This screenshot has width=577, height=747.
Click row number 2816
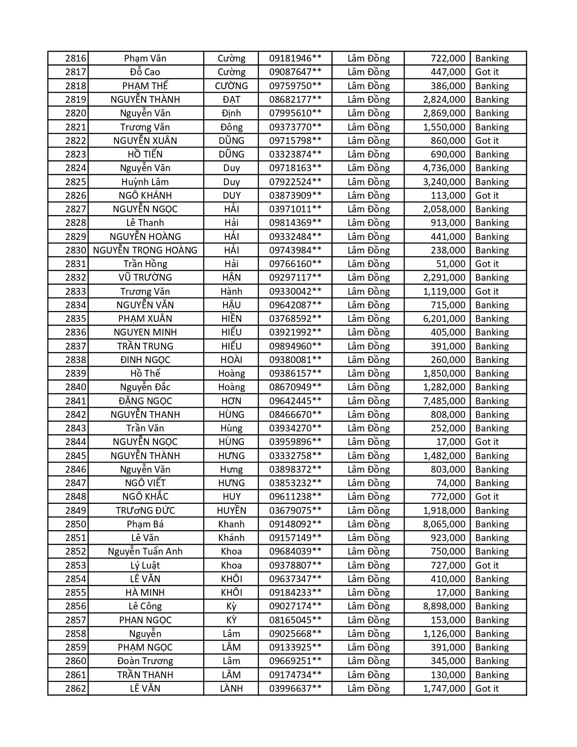76,58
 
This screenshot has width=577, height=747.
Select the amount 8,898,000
444,606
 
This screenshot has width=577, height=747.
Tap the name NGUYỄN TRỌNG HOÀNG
145,250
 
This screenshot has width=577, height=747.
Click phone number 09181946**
295,58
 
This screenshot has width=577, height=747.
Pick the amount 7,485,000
444,401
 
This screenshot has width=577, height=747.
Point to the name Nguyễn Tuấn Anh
145,551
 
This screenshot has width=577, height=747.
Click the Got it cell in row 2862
487,689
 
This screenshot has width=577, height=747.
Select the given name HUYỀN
231,511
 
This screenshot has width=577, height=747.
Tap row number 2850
76,524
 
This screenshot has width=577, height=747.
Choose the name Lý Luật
145,565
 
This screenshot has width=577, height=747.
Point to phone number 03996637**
295,689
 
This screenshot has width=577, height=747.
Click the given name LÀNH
231,689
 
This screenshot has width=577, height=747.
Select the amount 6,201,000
444,319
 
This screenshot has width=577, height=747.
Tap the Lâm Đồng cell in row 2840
368,387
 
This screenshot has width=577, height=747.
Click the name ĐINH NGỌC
145,360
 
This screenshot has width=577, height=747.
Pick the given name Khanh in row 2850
231,524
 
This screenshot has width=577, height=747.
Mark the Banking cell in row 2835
492,319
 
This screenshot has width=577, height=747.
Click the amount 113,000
448,196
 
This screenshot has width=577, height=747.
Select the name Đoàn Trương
145,661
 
